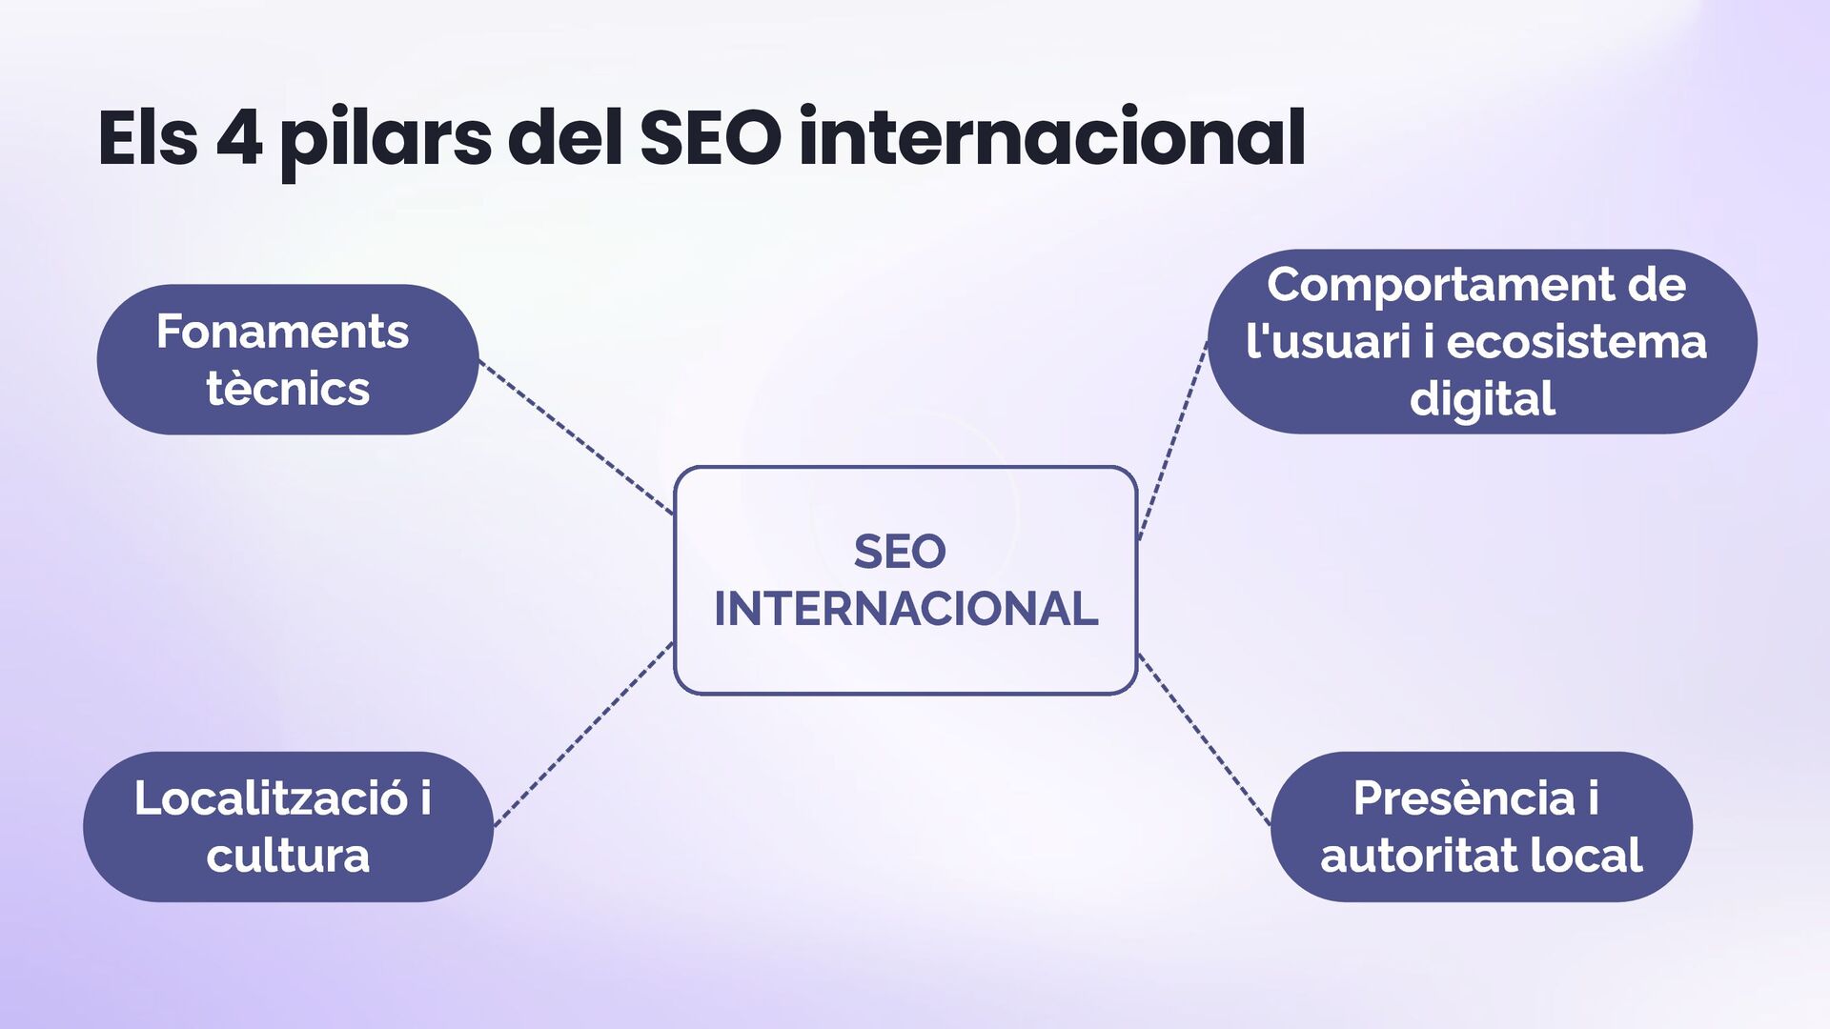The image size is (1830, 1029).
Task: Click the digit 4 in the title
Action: [238, 138]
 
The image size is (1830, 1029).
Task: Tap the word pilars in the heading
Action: [385, 140]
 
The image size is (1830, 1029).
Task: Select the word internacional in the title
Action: [1051, 138]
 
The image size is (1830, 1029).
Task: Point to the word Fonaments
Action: [282, 332]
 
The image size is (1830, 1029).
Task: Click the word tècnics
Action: [288, 389]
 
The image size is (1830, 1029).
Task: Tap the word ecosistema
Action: [1576, 342]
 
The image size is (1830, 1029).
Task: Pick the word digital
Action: [1482, 399]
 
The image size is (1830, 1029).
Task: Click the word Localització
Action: [271, 798]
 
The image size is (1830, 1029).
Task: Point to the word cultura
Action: [288, 856]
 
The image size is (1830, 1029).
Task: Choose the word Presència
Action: [1464, 798]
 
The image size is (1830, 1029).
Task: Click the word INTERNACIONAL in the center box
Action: [905, 609]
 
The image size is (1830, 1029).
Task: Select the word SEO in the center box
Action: [900, 552]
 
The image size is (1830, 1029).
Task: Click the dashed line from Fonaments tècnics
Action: [576, 437]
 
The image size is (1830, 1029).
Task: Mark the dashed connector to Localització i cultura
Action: [583, 734]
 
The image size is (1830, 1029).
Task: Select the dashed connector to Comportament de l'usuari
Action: [1173, 440]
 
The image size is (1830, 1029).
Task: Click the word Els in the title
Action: [148, 138]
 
